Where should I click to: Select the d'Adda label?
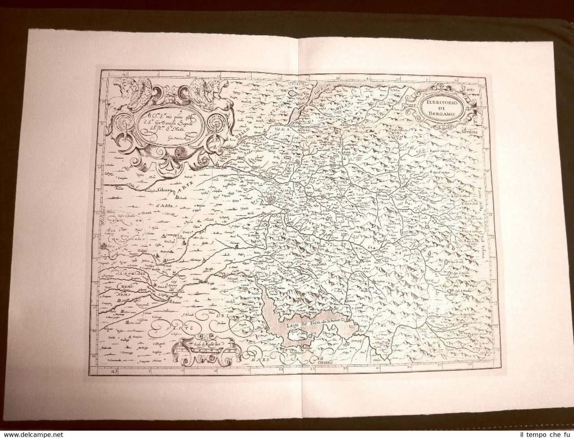165,206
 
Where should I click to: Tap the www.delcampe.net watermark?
32,434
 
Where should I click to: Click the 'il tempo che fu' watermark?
545,434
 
